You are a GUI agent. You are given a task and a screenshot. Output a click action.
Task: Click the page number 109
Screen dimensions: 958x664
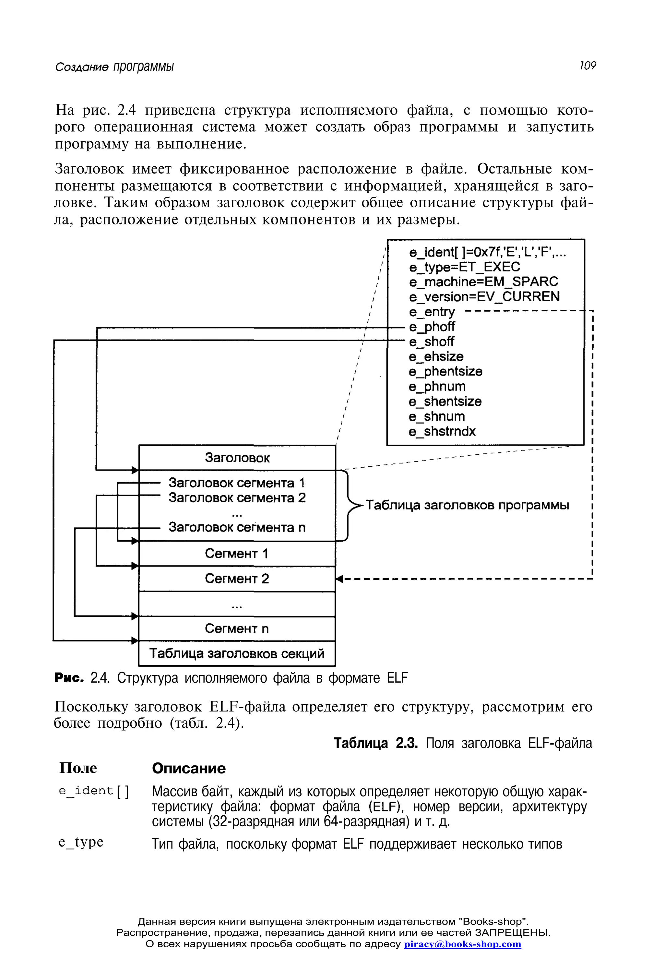(587, 66)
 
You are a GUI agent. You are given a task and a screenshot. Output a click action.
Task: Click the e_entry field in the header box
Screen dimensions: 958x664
(432, 312)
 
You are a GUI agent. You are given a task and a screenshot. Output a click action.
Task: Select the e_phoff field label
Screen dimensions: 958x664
(432, 327)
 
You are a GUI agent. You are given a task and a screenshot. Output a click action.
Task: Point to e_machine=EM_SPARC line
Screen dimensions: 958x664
(483, 282)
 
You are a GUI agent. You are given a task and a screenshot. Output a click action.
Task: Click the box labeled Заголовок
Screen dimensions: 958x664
(237, 458)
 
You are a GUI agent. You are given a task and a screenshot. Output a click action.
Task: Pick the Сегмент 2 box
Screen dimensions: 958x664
(237, 579)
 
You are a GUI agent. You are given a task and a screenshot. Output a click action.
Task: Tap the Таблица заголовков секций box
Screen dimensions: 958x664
(237, 653)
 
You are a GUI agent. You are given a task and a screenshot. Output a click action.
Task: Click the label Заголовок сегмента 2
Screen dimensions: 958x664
(237, 498)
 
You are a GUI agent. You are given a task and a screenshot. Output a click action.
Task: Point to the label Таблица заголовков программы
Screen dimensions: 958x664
(467, 505)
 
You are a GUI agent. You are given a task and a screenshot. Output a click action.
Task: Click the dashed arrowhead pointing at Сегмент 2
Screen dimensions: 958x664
(339, 579)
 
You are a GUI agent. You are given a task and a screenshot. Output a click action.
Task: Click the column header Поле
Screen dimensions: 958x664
(78, 768)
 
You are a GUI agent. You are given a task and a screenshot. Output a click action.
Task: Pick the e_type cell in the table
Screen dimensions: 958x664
(81, 842)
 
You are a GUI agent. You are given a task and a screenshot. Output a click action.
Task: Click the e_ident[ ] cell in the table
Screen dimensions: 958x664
(94, 791)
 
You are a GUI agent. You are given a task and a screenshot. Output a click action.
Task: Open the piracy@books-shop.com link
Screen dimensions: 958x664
(462, 944)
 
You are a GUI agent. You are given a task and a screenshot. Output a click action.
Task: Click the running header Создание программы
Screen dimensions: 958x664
(114, 66)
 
